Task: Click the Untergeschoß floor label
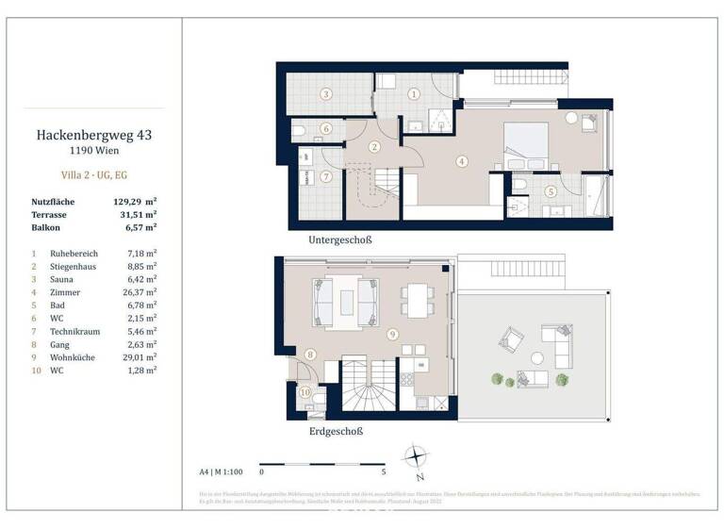click(x=340, y=240)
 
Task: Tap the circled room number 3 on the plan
click(x=324, y=94)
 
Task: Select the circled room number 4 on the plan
click(x=461, y=161)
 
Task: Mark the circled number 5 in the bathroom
click(x=551, y=191)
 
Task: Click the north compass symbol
click(x=416, y=457)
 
